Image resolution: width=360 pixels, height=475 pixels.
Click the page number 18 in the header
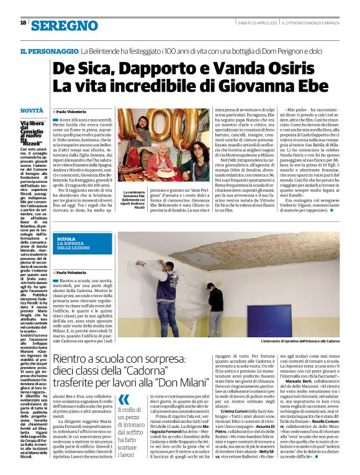coord(23,23)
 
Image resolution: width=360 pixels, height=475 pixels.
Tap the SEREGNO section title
coord(65,25)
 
